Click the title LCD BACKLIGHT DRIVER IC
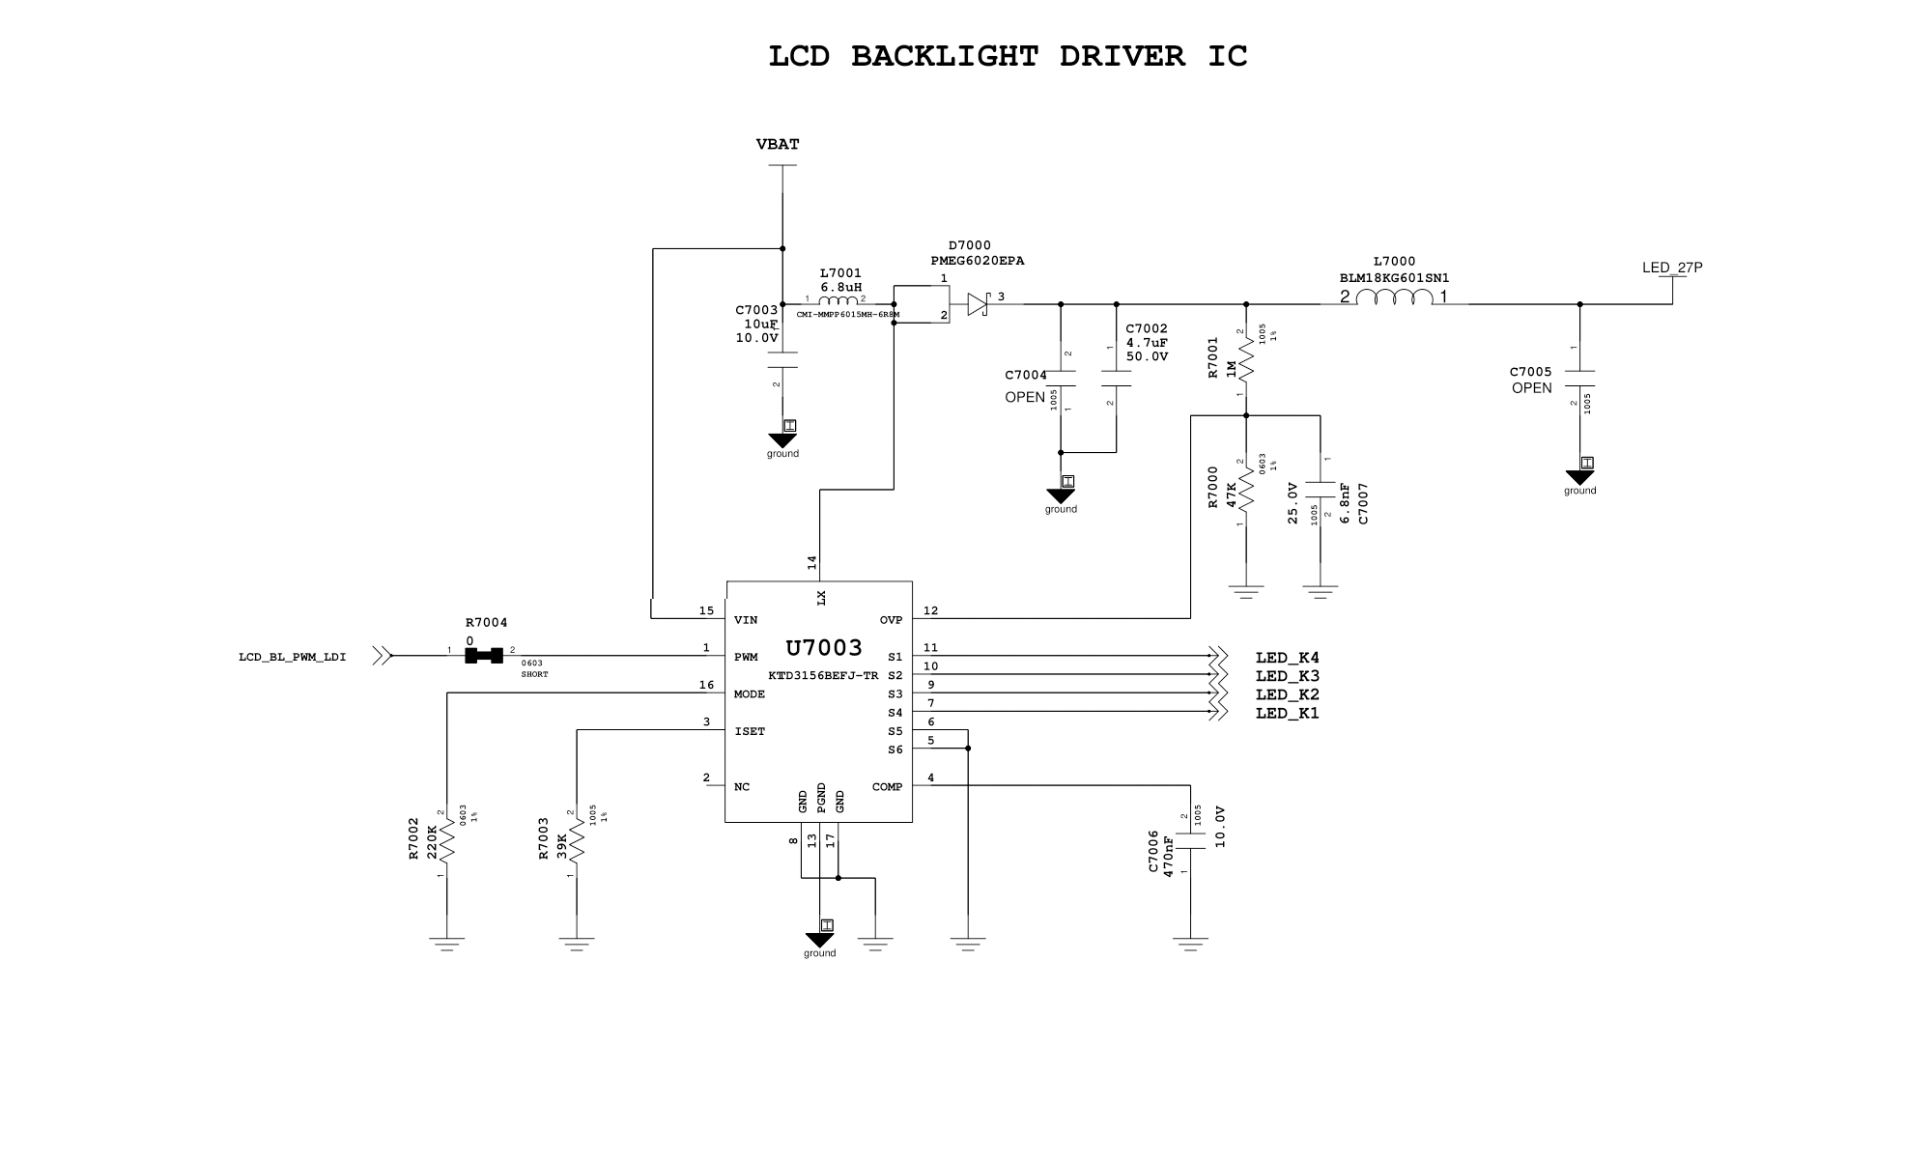1008,56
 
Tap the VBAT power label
778,145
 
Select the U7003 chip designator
823,648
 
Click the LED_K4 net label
1287,659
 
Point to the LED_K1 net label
1287,714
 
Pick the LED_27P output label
1672,268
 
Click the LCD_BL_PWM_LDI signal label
292,658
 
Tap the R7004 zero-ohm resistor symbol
483,656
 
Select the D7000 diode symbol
978,305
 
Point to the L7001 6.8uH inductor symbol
838,300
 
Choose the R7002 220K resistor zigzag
447,841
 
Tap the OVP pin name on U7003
891,620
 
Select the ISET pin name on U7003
750,732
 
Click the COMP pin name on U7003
887,787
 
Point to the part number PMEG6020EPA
977,261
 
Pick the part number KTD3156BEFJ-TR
823,676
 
